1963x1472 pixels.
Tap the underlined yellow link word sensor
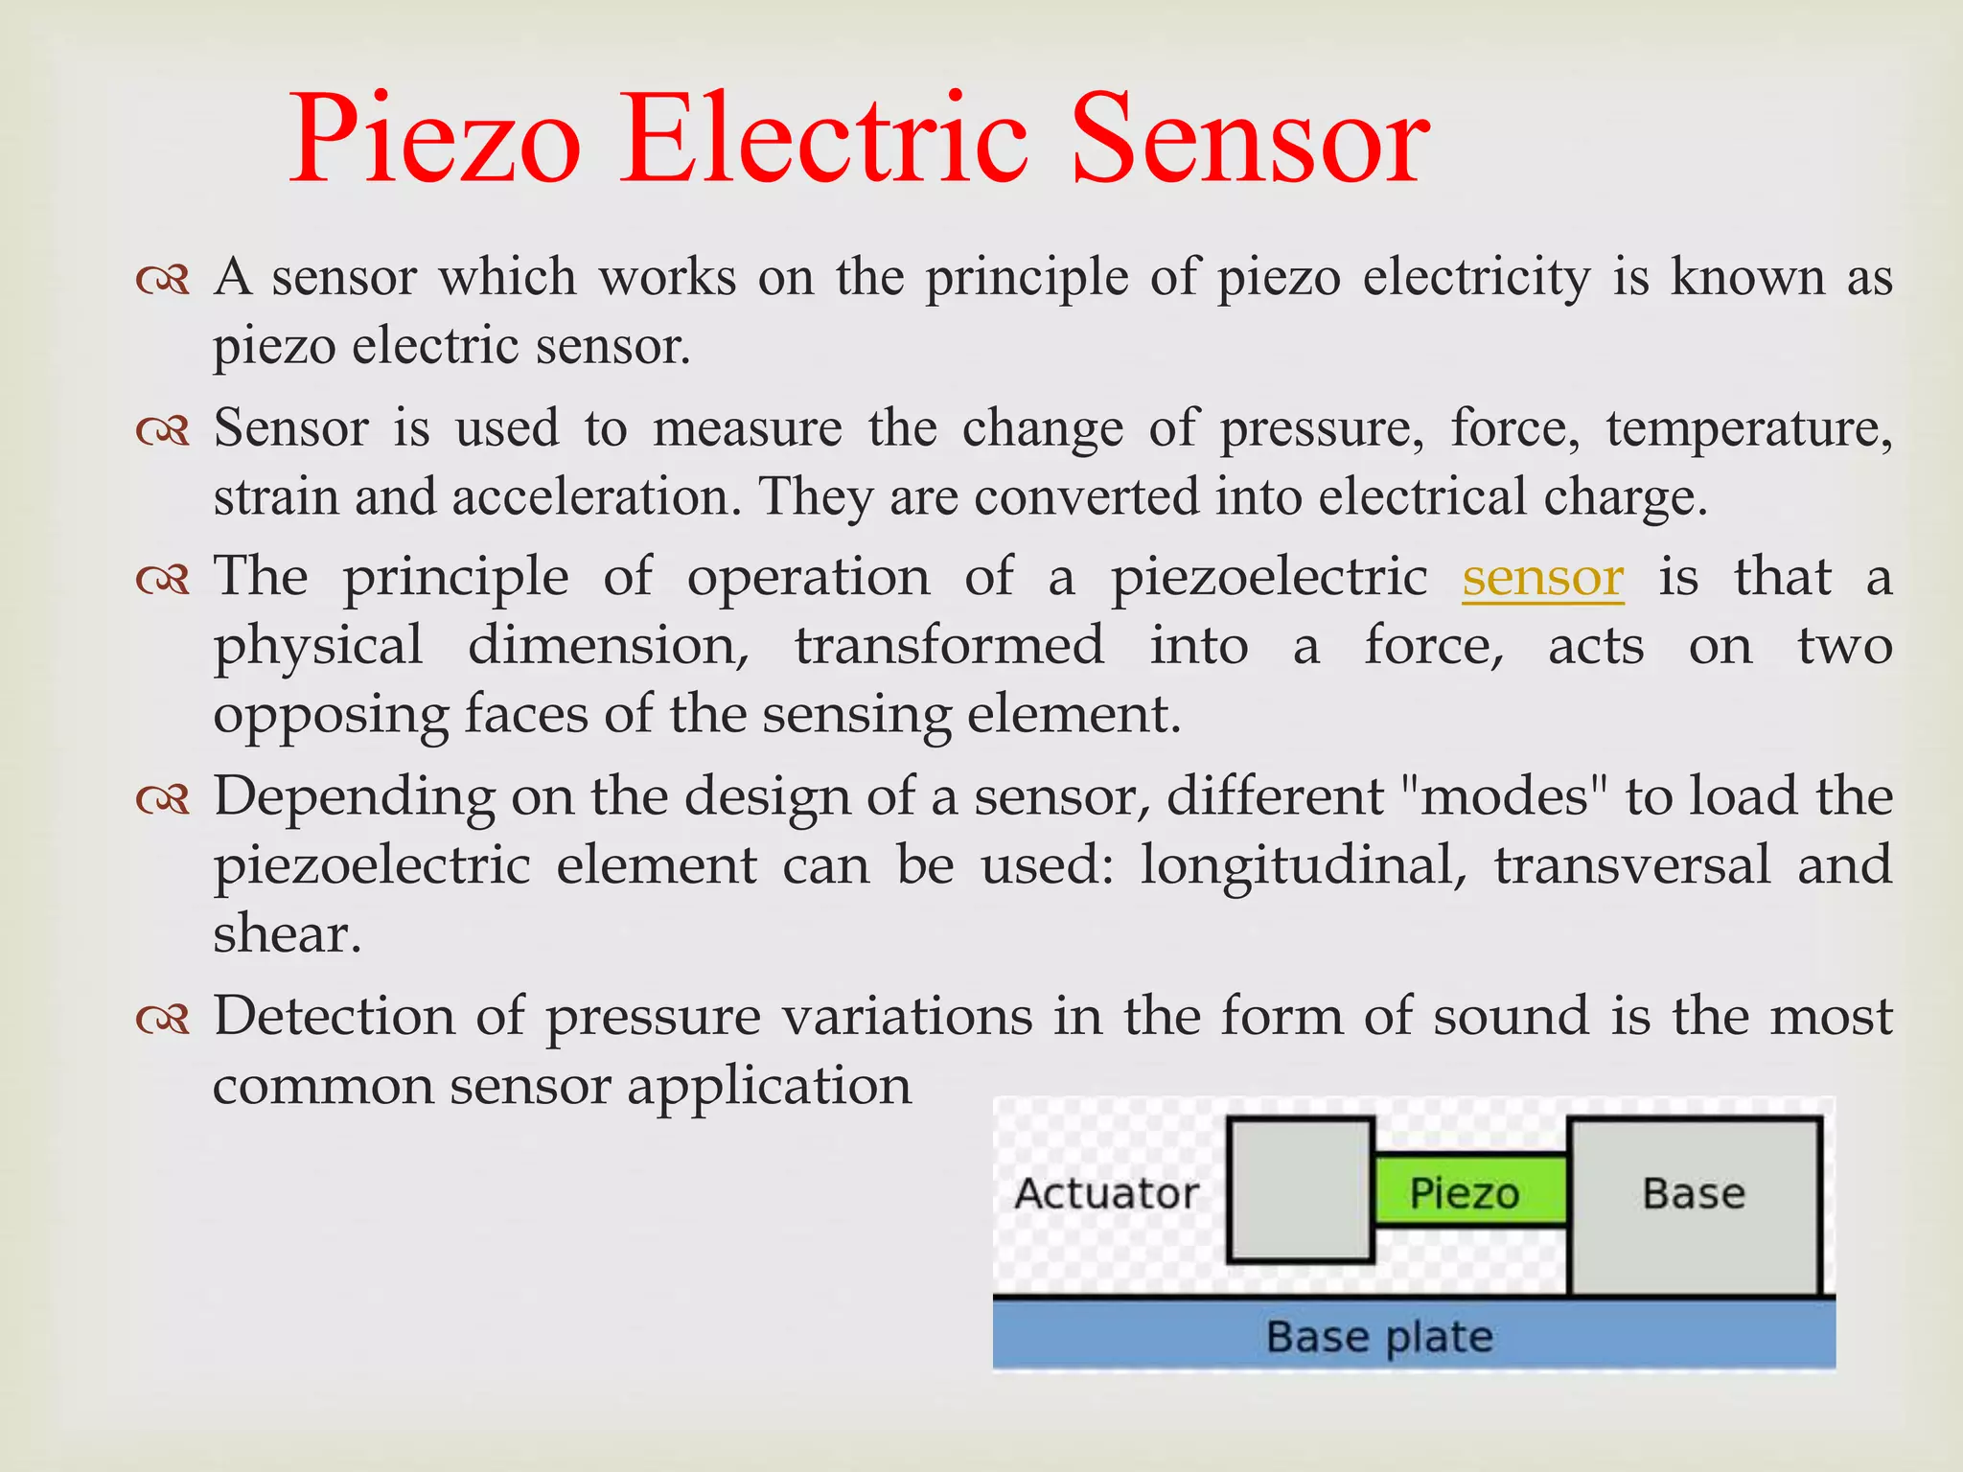(x=1542, y=577)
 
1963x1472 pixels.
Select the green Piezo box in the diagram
(x=1469, y=1192)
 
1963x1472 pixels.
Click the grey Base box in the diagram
(x=1694, y=1205)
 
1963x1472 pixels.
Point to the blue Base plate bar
(x=1413, y=1335)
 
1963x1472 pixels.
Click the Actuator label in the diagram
(x=1106, y=1193)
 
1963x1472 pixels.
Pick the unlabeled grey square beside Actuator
(x=1301, y=1189)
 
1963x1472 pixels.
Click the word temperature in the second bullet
(x=1748, y=427)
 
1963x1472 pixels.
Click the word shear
(x=287, y=933)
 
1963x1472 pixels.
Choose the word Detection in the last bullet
(x=334, y=1016)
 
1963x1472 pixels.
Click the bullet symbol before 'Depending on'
(x=162, y=797)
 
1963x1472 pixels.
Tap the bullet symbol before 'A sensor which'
(x=162, y=279)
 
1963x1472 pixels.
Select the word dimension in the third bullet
(x=608, y=646)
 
